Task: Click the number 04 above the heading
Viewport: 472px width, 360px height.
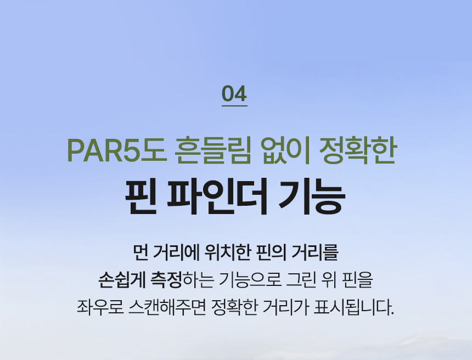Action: click(234, 94)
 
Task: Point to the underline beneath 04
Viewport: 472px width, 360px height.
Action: click(234, 106)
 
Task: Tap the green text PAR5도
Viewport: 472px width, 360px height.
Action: click(117, 150)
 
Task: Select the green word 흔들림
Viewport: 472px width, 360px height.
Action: click(212, 150)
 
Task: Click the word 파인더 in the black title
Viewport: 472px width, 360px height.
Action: click(217, 196)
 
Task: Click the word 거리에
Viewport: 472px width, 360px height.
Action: click(176, 253)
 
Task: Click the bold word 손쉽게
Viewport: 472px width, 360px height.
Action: click(122, 280)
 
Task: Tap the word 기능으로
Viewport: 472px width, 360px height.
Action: click(250, 280)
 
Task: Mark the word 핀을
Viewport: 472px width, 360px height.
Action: click(358, 280)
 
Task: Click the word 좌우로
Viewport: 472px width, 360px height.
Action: click(100, 307)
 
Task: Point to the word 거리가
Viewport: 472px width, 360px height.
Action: click(285, 307)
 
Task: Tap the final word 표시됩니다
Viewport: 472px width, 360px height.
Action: click(354, 307)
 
